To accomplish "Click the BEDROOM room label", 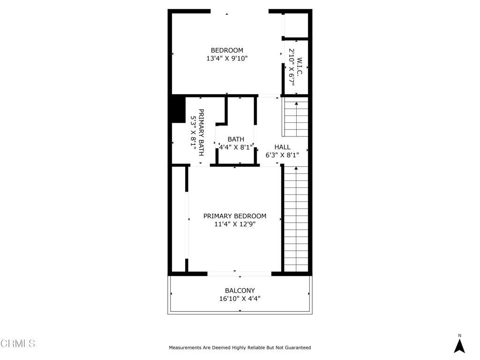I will click(x=227, y=51).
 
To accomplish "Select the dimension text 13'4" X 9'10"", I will click(x=227, y=59).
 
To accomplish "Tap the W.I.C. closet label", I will click(x=300, y=67).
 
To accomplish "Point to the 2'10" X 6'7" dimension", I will click(x=291, y=67).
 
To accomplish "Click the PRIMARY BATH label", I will click(x=201, y=133).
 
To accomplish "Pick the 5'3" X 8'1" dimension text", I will click(x=193, y=133).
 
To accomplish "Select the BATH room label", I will click(x=236, y=139).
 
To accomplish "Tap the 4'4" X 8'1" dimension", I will click(x=236, y=147).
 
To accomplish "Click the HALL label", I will click(x=282, y=147).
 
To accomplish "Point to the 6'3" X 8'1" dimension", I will click(x=282, y=155).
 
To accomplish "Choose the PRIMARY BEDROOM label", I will click(x=235, y=216).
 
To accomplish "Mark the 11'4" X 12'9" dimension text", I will click(x=235, y=224).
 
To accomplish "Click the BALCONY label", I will click(x=240, y=291).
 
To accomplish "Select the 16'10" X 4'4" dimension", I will click(x=240, y=298).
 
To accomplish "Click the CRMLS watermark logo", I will click(x=18, y=344).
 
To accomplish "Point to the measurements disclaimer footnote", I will click(x=240, y=348).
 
